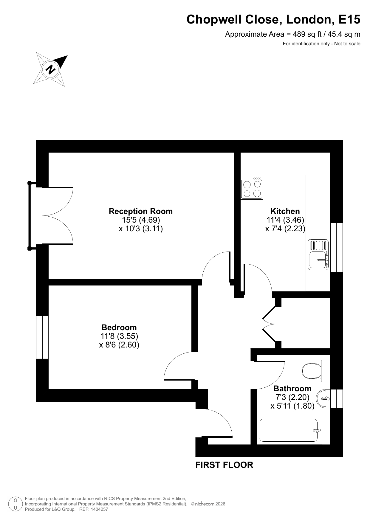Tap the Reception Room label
[x=141, y=211]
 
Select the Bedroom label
[x=119, y=328]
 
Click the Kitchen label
[x=285, y=211]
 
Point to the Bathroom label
[x=292, y=389]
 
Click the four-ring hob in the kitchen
[x=252, y=188]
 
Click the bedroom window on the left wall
[x=42, y=337]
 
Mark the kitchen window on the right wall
[x=337, y=247]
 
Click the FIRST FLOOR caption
[x=224, y=465]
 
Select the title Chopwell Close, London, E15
[x=273, y=20]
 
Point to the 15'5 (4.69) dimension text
[x=141, y=220]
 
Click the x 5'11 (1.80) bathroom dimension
[x=292, y=406]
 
